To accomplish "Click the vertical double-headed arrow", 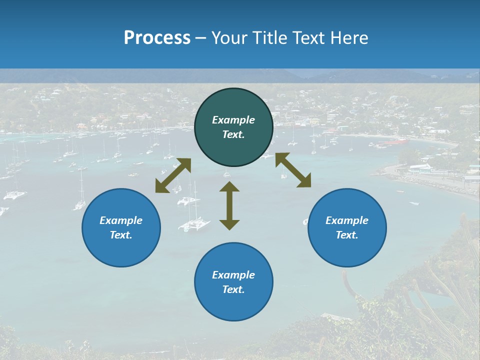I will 229,205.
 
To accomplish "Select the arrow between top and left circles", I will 173,175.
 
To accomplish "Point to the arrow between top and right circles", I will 293,170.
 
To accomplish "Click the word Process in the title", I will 157,37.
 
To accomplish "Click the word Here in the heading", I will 349,37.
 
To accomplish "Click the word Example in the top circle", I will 233,120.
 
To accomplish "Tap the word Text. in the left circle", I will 121,235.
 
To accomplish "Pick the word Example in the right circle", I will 347,220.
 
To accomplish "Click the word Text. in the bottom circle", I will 233,289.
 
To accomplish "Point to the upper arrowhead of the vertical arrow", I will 229,187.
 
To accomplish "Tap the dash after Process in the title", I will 200,38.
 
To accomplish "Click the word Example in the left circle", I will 121,220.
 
